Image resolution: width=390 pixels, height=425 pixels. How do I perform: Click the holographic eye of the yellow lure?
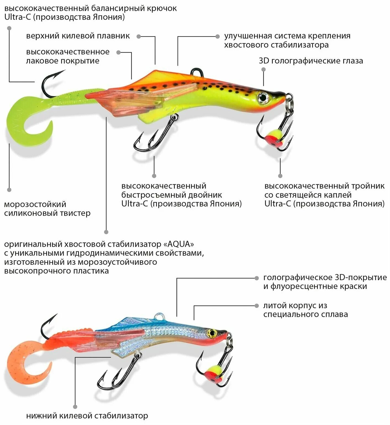(x=263, y=97)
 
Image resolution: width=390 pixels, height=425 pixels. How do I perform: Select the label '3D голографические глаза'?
(x=311, y=61)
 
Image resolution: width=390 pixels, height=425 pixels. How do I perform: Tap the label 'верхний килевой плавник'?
(x=78, y=36)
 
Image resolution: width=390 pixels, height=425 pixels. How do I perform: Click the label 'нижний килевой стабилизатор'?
(x=87, y=416)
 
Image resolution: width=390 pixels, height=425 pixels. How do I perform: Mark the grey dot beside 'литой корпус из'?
(x=257, y=306)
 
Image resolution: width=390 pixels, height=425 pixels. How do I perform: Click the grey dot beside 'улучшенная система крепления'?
(x=218, y=36)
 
